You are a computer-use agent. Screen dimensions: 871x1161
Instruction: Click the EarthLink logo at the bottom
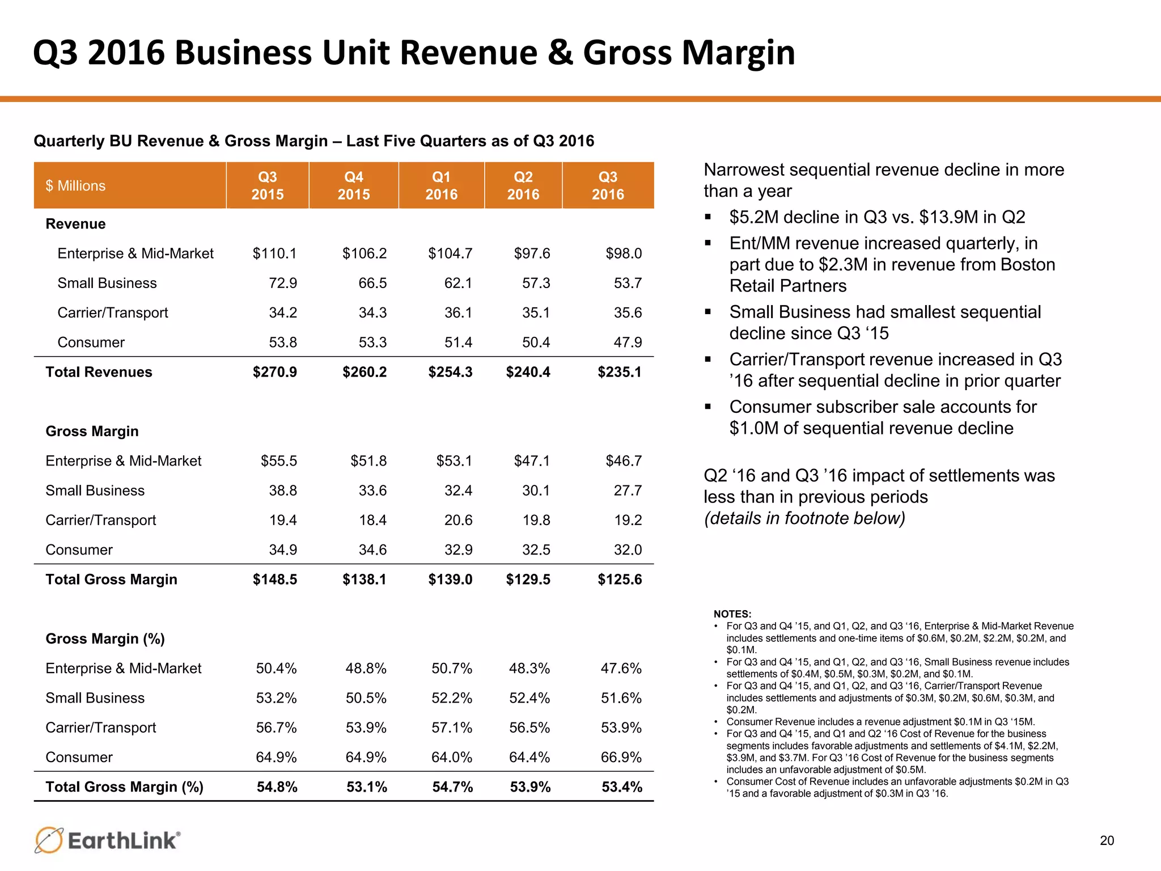tap(108, 840)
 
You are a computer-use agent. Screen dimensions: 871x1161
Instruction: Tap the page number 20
tap(1107, 840)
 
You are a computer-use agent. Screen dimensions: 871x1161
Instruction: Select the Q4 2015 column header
tap(354, 185)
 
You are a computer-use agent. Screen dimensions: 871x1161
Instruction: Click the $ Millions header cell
tap(75, 185)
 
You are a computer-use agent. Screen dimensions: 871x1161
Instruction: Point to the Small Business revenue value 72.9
tap(282, 283)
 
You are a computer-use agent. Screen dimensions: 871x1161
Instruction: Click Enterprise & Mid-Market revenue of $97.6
tap(531, 253)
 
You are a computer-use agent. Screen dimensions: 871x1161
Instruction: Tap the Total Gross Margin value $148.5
tap(274, 579)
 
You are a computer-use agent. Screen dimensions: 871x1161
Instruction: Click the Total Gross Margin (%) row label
tap(124, 787)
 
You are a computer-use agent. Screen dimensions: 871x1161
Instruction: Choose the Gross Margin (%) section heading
tap(105, 639)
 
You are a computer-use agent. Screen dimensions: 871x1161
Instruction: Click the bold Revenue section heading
tap(75, 224)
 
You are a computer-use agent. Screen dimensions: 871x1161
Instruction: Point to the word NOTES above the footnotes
tap(732, 614)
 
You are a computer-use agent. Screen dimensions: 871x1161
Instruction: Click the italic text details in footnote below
tap(804, 518)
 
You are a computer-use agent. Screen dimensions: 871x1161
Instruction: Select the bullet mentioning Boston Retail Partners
tap(892, 264)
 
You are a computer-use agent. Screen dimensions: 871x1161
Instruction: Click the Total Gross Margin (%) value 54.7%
tap(452, 787)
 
